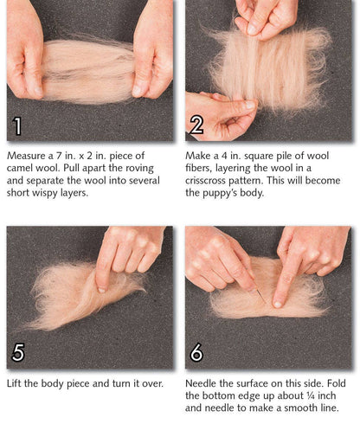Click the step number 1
[x=17, y=126]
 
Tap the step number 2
[x=196, y=126]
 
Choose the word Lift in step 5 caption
[x=16, y=382]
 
